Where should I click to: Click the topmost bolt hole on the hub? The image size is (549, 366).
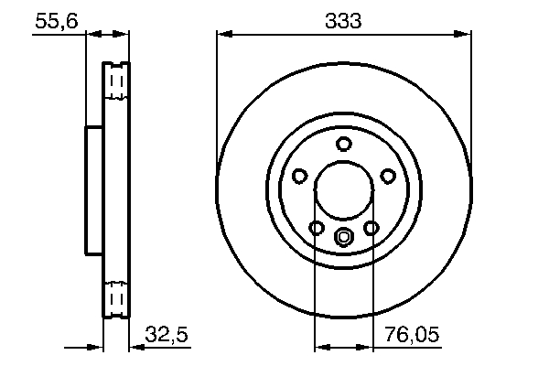coord(343,144)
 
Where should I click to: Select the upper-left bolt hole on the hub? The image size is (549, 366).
coord(299,177)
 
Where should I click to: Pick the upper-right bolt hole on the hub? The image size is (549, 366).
coord(387,177)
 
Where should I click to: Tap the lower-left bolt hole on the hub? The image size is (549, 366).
coord(316,228)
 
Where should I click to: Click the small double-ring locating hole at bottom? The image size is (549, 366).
coord(343,238)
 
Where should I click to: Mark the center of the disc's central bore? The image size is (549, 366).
coord(343,191)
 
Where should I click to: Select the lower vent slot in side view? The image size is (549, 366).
coord(115,298)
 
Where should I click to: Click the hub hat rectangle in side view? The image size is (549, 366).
coord(94,190)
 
